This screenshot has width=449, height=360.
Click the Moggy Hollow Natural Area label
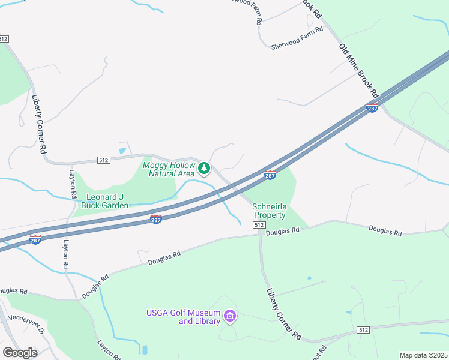coord(169,169)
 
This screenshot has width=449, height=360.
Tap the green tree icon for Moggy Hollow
coord(204,168)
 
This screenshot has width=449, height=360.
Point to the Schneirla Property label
coord(270,211)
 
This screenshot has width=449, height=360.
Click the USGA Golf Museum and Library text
coord(182,317)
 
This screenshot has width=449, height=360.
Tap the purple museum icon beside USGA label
coord(229,316)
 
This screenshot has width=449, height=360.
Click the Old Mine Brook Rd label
coord(359,71)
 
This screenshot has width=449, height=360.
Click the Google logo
coord(20,352)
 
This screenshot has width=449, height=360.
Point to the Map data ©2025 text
coord(423,355)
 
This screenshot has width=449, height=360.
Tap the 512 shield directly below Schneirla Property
coord(259,224)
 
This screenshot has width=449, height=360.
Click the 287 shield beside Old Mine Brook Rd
coord(372,109)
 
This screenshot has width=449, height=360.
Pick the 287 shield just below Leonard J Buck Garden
coord(156,220)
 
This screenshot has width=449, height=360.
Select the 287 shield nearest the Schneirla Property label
coord(271,175)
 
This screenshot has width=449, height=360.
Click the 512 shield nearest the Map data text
coord(363,330)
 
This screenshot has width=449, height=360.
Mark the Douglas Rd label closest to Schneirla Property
coord(282,231)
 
